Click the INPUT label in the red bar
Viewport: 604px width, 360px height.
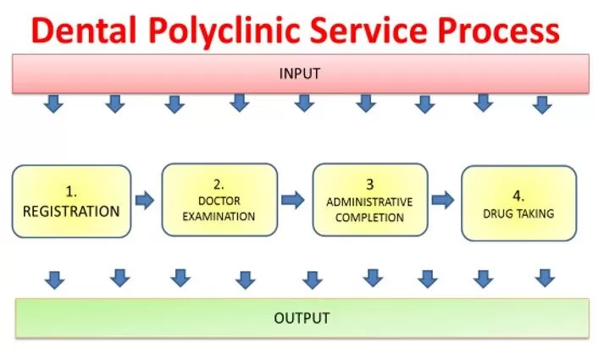tap(299, 74)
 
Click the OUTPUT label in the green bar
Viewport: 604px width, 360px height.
tap(301, 318)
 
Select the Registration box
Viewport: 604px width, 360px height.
tap(72, 201)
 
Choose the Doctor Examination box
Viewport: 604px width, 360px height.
tap(220, 200)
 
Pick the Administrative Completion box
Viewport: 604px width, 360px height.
tap(369, 201)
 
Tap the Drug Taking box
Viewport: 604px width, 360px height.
tap(518, 202)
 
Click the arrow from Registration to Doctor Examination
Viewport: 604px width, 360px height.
tap(145, 201)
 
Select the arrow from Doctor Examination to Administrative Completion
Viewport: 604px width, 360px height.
tap(293, 200)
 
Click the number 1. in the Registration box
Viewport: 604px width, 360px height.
tap(71, 191)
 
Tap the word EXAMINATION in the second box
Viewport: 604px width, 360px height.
tap(220, 215)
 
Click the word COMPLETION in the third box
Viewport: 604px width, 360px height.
tap(369, 217)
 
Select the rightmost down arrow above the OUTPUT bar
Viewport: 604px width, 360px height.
tap(545, 278)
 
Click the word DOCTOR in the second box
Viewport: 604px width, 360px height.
tap(220, 201)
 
